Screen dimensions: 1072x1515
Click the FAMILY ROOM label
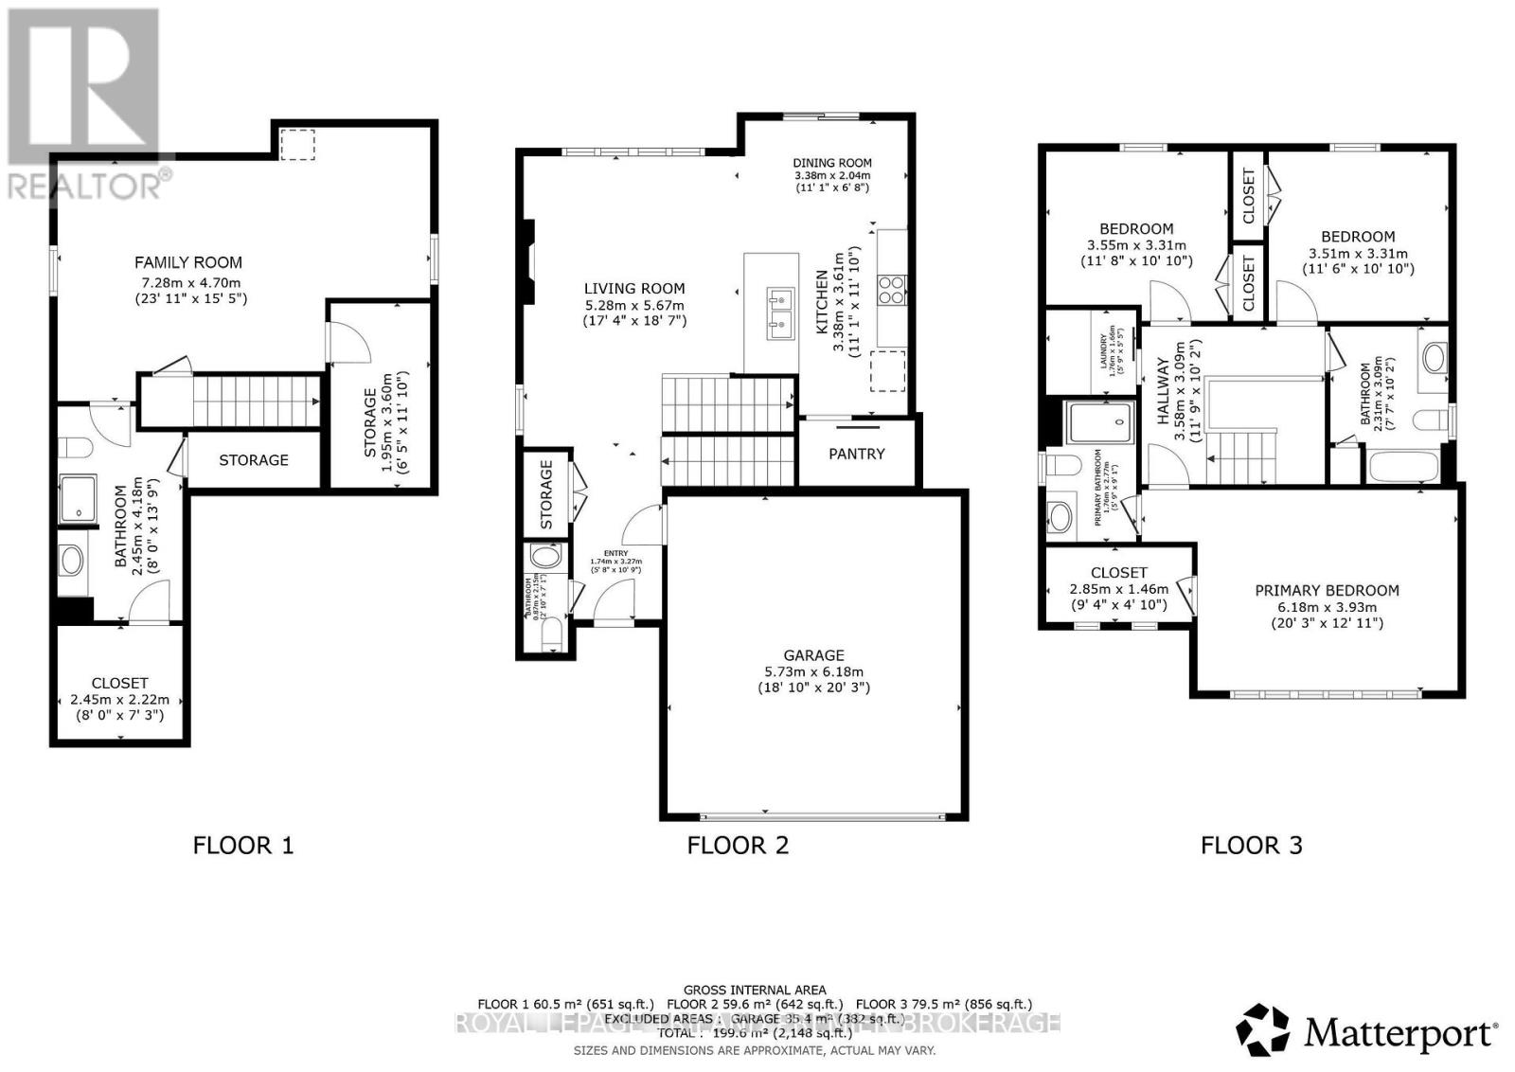(x=187, y=262)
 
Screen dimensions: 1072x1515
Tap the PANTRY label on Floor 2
(x=856, y=454)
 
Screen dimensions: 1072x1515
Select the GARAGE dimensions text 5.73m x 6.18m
(x=813, y=671)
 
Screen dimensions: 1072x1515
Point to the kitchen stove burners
(x=892, y=289)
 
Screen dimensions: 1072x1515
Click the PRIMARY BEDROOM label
(x=1326, y=590)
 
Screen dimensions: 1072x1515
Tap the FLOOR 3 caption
(x=1251, y=845)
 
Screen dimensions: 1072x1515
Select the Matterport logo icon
(x=1262, y=1029)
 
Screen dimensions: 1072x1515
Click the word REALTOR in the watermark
(x=83, y=186)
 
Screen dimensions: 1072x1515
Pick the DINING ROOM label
(x=831, y=163)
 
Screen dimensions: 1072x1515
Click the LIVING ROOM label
(x=633, y=289)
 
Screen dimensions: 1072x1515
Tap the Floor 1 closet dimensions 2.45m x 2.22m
(x=119, y=700)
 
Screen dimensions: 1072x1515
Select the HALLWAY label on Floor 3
(x=1164, y=378)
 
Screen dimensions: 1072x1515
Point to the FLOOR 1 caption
(x=243, y=845)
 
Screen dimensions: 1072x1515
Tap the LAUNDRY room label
(x=1103, y=347)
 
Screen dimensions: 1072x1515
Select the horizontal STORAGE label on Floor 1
(x=253, y=460)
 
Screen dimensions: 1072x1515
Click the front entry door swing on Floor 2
(x=614, y=599)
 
